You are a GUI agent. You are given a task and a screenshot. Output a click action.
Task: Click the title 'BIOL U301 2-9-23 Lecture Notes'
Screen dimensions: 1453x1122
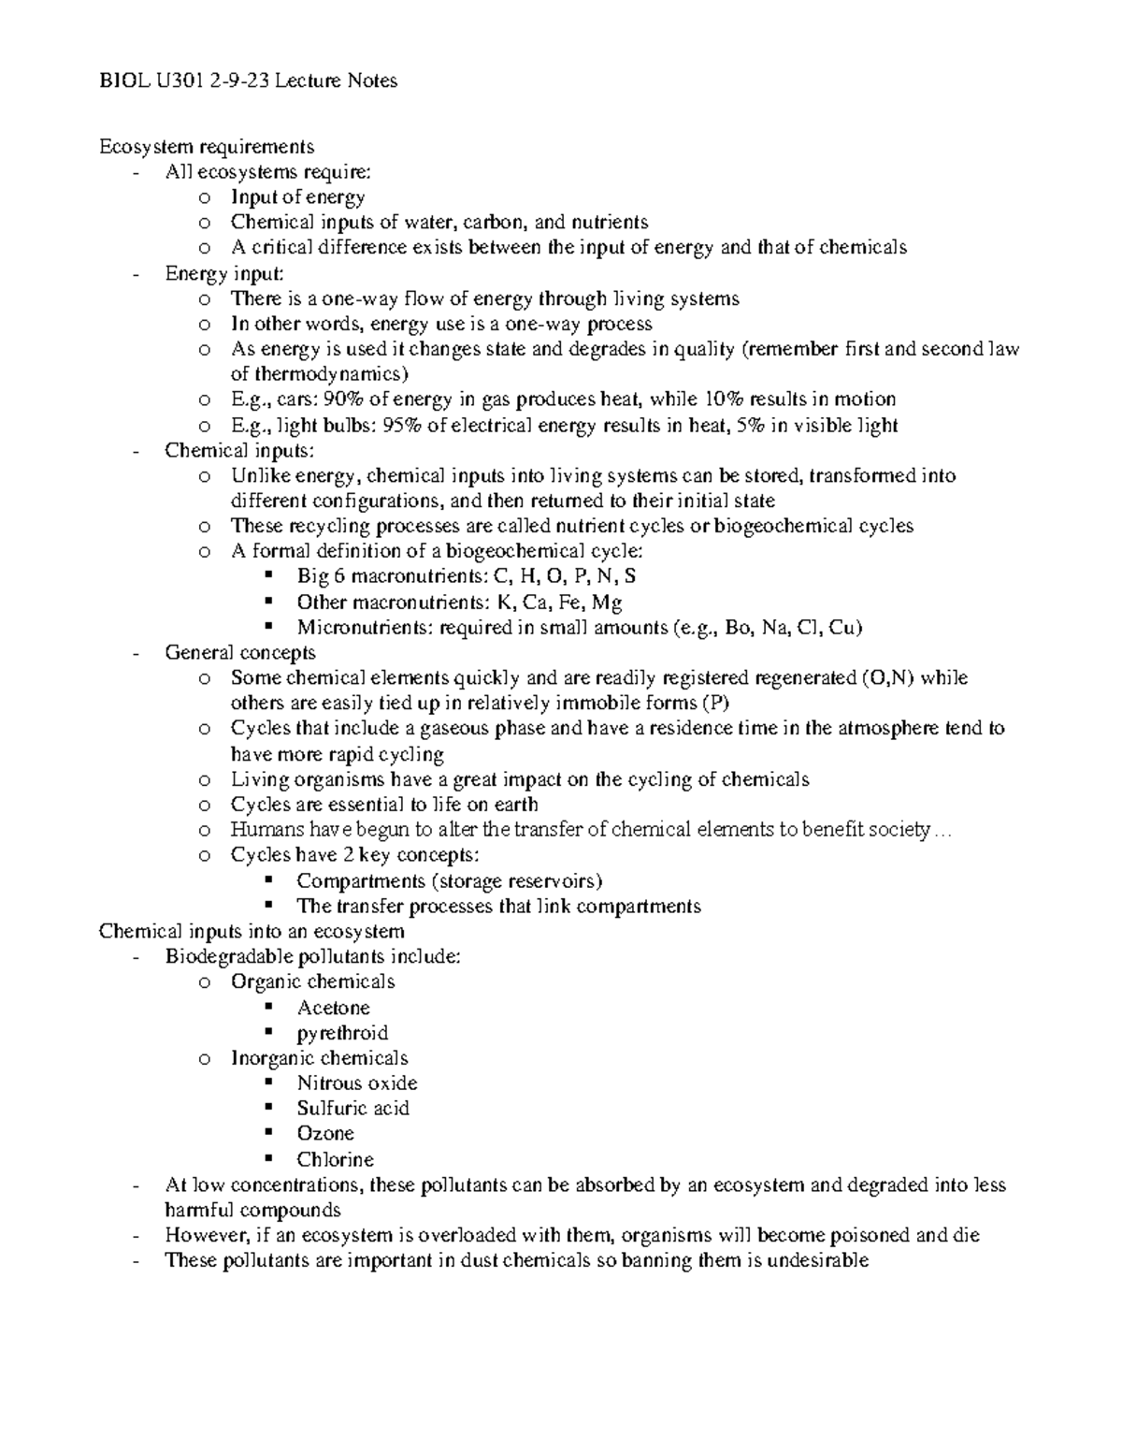tap(248, 81)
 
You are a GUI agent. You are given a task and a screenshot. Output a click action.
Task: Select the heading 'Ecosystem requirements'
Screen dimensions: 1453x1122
tap(207, 147)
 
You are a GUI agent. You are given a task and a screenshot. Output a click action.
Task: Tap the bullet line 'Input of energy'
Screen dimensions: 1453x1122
tap(297, 197)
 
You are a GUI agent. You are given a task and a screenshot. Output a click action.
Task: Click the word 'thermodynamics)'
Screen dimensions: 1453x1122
tap(320, 374)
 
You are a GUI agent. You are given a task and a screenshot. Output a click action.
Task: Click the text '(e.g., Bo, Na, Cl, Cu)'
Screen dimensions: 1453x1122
tap(767, 628)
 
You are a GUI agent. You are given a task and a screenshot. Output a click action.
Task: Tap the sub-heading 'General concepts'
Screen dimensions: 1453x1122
tap(240, 653)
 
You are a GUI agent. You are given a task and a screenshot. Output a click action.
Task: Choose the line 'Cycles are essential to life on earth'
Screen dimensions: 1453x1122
tap(384, 805)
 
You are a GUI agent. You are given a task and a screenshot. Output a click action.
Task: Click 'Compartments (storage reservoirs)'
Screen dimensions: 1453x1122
tap(449, 881)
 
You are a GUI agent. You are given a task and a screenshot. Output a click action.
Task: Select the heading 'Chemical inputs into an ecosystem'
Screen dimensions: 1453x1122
tap(252, 932)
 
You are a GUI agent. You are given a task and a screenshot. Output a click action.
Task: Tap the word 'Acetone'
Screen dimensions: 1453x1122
tap(333, 1009)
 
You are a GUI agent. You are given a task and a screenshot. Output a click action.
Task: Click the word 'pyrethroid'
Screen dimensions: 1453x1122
tap(342, 1034)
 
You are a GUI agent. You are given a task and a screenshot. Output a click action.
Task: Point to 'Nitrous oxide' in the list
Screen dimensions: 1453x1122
tap(356, 1083)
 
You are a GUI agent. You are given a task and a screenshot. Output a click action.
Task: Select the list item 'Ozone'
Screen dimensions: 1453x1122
tap(325, 1134)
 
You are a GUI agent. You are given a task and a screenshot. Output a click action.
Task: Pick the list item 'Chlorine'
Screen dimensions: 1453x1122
tap(335, 1160)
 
